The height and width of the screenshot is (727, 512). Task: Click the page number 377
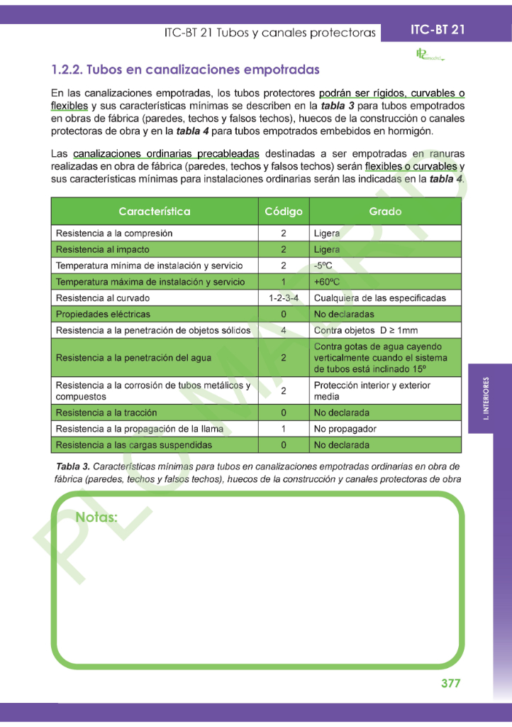coord(450,684)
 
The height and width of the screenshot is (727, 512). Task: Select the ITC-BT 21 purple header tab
coord(438,31)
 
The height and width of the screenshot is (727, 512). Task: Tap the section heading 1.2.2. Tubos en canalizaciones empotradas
coord(185,70)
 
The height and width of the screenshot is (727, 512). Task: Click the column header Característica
coord(154,212)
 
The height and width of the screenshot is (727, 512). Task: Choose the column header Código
coord(283,212)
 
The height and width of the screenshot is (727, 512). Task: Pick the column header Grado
coord(385,212)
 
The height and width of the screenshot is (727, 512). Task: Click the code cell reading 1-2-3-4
coord(283,298)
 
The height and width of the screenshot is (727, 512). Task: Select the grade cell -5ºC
coord(323,266)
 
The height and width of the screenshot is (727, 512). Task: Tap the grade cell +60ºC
coord(327,282)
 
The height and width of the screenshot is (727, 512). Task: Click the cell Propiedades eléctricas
coord(103,314)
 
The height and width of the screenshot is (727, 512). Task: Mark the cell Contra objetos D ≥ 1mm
coord(365,330)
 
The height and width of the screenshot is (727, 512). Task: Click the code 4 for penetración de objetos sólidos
coord(283,330)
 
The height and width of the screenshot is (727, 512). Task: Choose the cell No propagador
coord(345,429)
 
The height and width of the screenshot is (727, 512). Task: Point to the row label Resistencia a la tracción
coord(106,412)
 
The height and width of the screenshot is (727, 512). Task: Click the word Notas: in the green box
coord(96,517)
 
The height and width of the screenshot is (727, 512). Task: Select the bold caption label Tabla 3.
coord(72,466)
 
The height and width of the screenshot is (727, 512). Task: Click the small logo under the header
coord(428,55)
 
